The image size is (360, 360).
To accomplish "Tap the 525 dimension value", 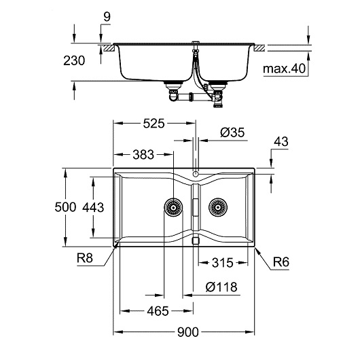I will (x=151, y=124).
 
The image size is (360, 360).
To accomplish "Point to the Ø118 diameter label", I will (x=221, y=287).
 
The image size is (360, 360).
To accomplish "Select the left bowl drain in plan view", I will (x=173, y=206).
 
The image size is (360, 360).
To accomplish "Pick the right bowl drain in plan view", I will (x=217, y=206).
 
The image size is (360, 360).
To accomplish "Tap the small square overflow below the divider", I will (x=196, y=240).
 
